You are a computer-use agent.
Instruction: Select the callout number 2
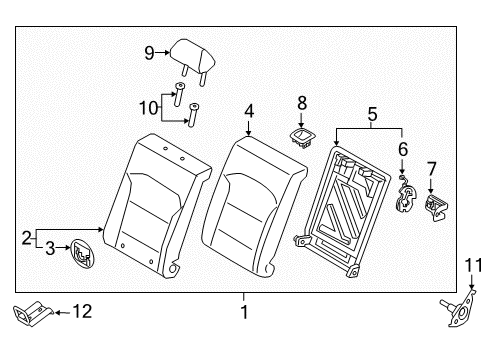[x=27, y=238]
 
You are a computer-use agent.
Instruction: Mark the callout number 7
[x=432, y=167]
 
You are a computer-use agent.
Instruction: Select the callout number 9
[x=150, y=53]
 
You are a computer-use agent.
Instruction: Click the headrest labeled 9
[x=191, y=53]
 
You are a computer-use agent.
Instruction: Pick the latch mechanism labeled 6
[x=407, y=193]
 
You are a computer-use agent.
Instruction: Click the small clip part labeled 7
[x=435, y=204]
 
